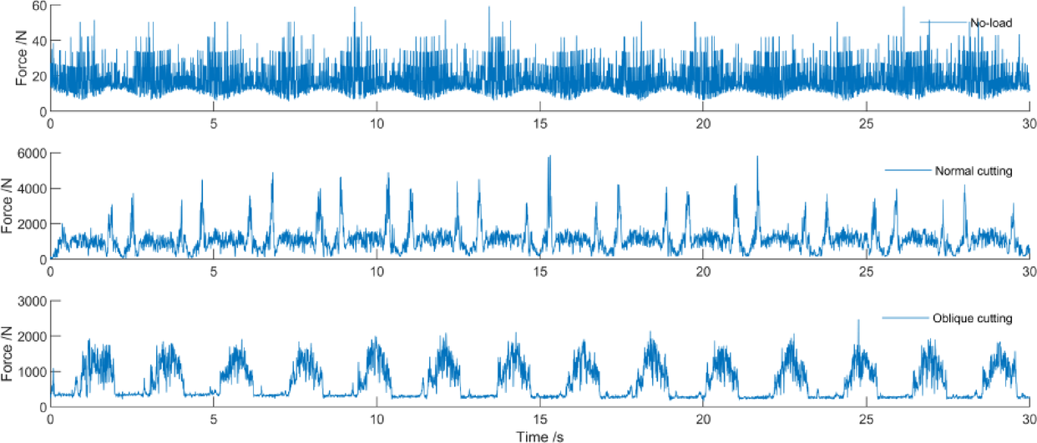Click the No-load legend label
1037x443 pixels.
click(x=991, y=23)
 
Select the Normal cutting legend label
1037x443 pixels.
click(x=974, y=171)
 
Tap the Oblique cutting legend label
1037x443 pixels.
click(x=972, y=318)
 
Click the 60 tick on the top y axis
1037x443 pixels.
click(x=37, y=6)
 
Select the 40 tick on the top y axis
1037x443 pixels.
click(x=37, y=41)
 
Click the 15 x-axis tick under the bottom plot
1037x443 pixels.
click(x=540, y=418)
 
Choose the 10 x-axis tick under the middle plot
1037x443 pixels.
click(x=377, y=271)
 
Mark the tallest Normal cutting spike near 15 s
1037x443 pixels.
click(x=549, y=156)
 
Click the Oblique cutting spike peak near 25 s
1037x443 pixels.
click(x=857, y=320)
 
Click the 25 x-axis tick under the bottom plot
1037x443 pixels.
click(x=867, y=418)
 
